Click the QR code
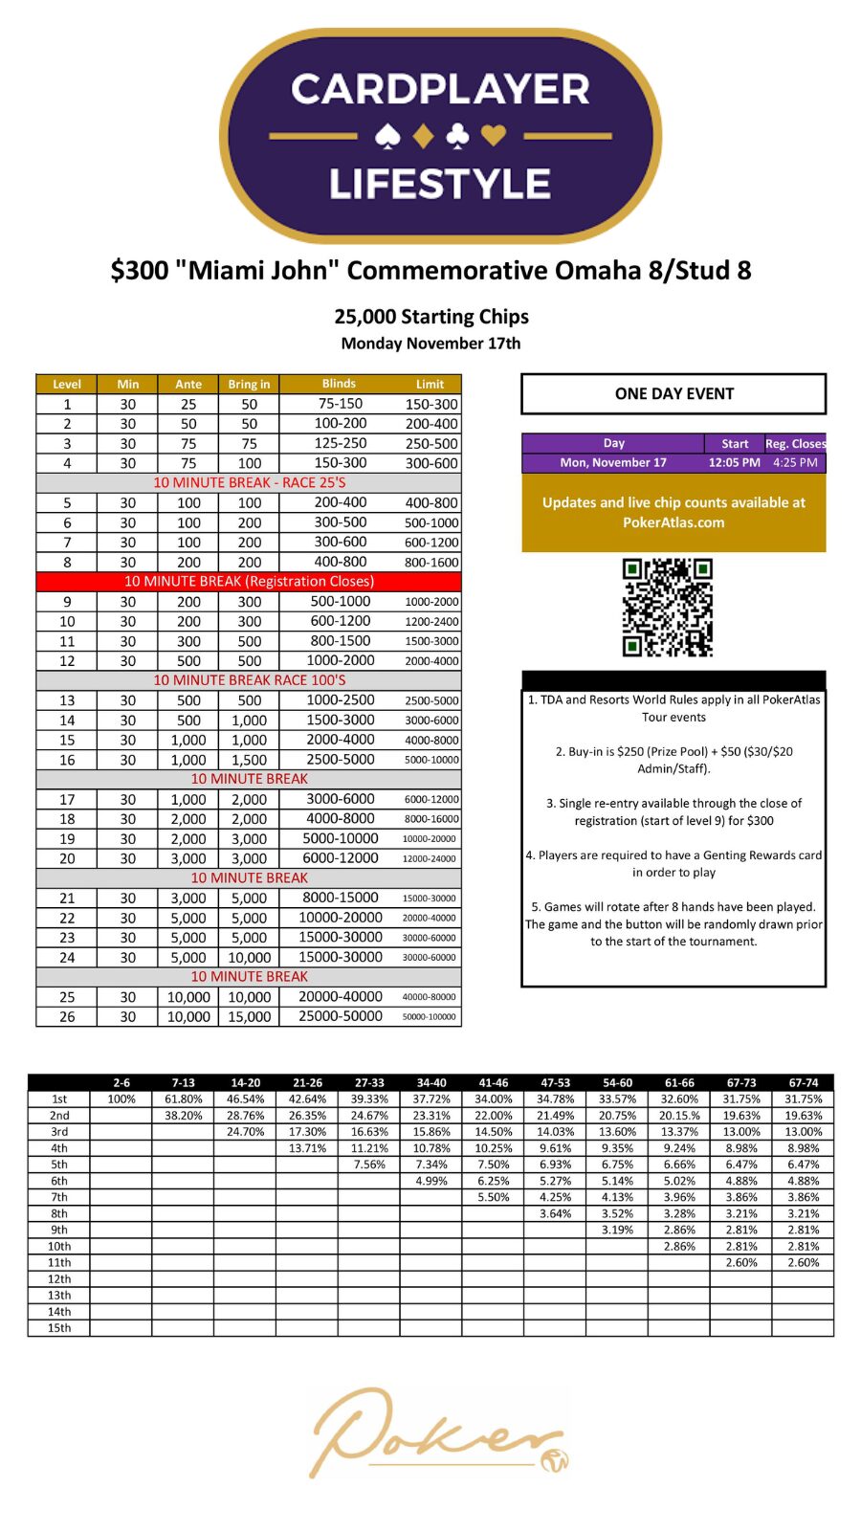[668, 608]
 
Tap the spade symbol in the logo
[387, 137]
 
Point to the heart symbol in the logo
[494, 136]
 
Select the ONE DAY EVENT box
[673, 393]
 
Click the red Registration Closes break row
[249, 581]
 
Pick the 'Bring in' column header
[249, 384]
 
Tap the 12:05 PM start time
[734, 462]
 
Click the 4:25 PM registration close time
[795, 462]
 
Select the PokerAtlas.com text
[673, 522]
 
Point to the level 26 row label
[67, 1016]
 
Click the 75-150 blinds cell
[340, 404]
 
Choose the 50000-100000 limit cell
[430, 1016]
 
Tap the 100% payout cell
[121, 1099]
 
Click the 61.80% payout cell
[184, 1099]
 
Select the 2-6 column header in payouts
[121, 1083]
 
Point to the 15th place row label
[59, 1328]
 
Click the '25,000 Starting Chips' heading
[431, 317]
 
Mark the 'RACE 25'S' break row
[249, 482]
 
